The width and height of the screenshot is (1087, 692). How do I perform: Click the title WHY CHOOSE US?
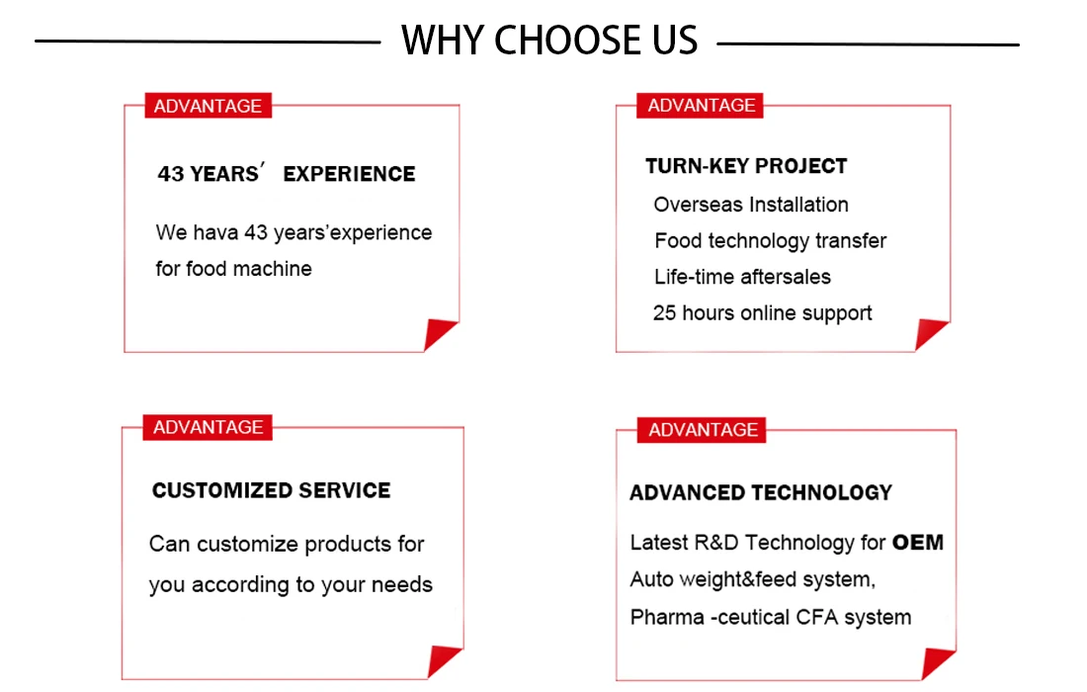[x=549, y=40]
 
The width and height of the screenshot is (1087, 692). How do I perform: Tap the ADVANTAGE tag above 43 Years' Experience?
[x=208, y=106]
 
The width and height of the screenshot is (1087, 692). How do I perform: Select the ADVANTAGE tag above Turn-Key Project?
[x=701, y=106]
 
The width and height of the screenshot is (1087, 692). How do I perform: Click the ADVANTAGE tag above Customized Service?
[x=208, y=427]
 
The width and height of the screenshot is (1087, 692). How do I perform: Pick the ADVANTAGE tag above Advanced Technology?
[x=702, y=430]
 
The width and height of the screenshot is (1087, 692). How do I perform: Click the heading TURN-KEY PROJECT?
[x=746, y=166]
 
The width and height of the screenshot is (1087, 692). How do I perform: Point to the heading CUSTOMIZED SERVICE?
[x=271, y=490]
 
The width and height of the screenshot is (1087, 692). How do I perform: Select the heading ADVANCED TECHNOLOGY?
[x=761, y=492]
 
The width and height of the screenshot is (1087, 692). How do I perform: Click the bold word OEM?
[x=918, y=542]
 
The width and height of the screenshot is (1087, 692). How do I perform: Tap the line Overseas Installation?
[x=751, y=205]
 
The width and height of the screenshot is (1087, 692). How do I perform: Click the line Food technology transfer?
[x=770, y=240]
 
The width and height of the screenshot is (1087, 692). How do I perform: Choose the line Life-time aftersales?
[x=742, y=277]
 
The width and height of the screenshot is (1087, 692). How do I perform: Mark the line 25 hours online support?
[x=762, y=312]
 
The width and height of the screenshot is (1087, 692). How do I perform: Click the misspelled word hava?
[x=215, y=232]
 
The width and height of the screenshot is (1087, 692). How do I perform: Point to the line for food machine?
[x=233, y=268]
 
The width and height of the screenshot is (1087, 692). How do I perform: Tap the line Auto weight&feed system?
[x=753, y=579]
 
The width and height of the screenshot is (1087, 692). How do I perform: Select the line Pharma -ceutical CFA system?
[x=770, y=617]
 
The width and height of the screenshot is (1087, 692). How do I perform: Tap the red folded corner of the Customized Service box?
[x=442, y=659]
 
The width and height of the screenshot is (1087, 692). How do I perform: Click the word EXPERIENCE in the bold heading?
[x=349, y=173]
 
